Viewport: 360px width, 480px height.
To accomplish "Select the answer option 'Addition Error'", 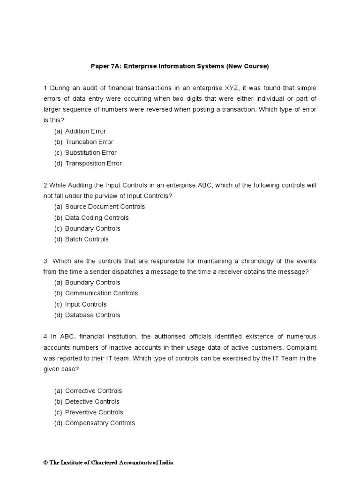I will pos(85,131).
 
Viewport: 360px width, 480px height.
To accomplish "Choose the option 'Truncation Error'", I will pos(89,142).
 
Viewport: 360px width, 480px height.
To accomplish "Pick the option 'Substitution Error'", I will pos(91,153).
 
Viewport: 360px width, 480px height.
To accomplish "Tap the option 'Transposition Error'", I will pos(93,164).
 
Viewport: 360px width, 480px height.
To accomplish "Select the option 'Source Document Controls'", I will pos(105,207).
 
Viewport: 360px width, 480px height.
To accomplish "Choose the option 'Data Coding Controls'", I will pos(97,218).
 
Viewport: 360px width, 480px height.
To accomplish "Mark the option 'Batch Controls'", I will pos(87,240).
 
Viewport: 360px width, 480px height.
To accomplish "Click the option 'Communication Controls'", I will pos(101,293).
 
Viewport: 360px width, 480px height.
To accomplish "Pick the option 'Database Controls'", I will pos(92,315).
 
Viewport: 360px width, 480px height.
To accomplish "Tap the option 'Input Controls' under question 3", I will pos(86,305).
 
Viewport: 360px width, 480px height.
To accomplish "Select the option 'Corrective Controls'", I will pos(93,391).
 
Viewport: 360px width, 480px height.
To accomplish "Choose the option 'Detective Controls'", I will pos(92,402).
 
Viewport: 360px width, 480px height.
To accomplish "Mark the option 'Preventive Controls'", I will pos(94,412).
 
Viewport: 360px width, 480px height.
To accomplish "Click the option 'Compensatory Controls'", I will pos(100,423).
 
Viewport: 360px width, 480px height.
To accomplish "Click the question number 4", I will pos(45,337).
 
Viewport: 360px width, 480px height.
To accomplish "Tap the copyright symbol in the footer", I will pos(45,463).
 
